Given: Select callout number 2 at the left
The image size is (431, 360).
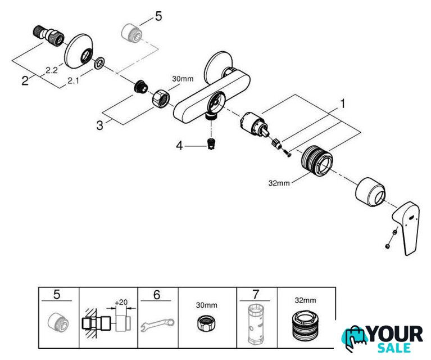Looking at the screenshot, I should (25, 80).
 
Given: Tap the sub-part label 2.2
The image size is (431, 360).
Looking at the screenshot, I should (51, 70).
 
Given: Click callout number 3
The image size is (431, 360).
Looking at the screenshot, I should (100, 125).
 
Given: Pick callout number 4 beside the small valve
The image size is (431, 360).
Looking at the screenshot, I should (180, 146).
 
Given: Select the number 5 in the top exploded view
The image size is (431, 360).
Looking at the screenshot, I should (158, 16).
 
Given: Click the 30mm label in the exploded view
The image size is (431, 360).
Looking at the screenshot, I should (182, 80).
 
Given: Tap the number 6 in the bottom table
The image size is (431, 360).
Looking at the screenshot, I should (157, 295).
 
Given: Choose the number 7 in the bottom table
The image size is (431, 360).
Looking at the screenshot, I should (256, 295).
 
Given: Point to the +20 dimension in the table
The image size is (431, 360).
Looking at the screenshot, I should (120, 302).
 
